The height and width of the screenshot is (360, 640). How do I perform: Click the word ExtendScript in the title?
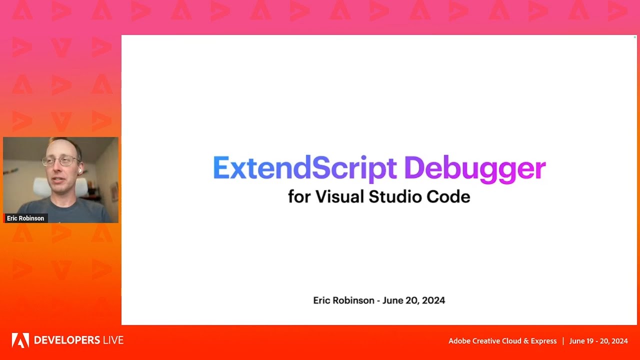305,168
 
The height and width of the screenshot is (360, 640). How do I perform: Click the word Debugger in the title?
474,169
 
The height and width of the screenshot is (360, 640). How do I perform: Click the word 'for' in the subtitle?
299,196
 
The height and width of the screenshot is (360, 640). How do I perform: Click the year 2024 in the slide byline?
433,300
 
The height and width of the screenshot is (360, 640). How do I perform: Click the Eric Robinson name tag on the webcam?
25,218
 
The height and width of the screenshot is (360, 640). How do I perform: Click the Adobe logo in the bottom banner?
20,340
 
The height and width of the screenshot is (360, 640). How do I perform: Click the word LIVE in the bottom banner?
112,340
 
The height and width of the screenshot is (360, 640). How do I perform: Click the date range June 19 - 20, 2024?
598,341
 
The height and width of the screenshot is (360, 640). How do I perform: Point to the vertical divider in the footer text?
563,341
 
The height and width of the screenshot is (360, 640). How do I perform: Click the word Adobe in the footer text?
459,341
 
